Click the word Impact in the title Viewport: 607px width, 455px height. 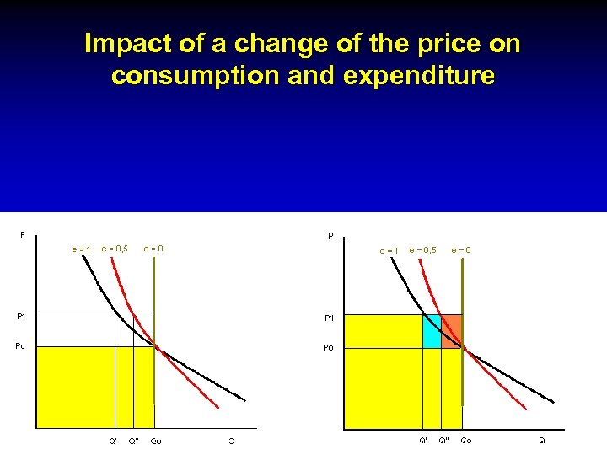click(127, 45)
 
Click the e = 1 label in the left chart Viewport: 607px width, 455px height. click(81, 249)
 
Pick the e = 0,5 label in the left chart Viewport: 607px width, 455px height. click(114, 249)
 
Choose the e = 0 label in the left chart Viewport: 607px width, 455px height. click(153, 249)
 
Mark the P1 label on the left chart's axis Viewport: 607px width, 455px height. click(23, 316)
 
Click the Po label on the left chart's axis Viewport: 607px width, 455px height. click(23, 345)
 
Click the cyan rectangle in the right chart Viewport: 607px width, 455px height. click(432, 329)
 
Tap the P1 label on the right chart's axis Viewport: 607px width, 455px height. click(330, 318)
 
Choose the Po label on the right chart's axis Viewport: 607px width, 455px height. click(330, 348)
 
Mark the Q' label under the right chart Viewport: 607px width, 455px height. click(423, 440)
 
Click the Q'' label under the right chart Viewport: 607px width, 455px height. click(443, 440)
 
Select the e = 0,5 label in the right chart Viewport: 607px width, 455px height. click(422, 249)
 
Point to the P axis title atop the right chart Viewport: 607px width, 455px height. click(330, 236)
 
